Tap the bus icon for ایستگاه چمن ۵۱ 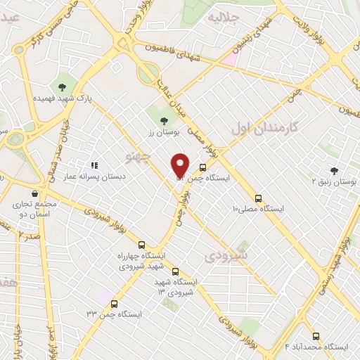click(203, 168)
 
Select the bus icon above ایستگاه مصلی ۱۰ click(258, 198)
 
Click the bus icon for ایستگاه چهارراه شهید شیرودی click(142, 245)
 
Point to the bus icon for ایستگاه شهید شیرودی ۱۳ click(175, 271)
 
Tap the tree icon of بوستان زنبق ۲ click(334, 171)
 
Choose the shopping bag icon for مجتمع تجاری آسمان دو click(34, 193)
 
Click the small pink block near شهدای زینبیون click(230, 59)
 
